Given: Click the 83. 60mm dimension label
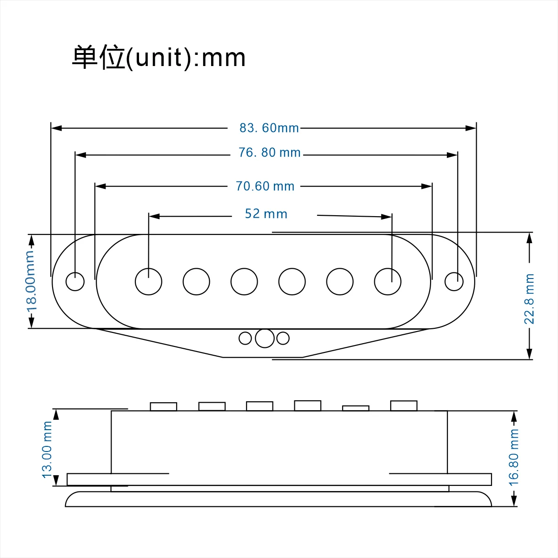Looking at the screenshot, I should (269, 128).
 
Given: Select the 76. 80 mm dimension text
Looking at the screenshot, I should (269, 153).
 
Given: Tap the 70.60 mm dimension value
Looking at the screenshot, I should (265, 186).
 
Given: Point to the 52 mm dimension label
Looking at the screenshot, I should (266, 214).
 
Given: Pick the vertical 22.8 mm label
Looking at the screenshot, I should (529, 299).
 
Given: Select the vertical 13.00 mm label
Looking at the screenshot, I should (47, 449).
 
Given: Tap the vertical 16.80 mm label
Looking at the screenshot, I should (513, 457).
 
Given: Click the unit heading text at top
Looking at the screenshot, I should (159, 58).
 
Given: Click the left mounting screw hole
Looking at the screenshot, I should (75, 281).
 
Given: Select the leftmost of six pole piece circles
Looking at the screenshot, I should (149, 281).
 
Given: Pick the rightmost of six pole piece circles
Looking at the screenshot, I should (388, 281).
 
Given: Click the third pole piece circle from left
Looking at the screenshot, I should (244, 281).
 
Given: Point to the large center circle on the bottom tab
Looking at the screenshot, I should (265, 339).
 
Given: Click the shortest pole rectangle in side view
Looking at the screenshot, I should (356, 408).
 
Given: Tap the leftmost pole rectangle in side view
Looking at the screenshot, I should (164, 406).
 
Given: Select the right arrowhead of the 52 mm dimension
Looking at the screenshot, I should (386, 217).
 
